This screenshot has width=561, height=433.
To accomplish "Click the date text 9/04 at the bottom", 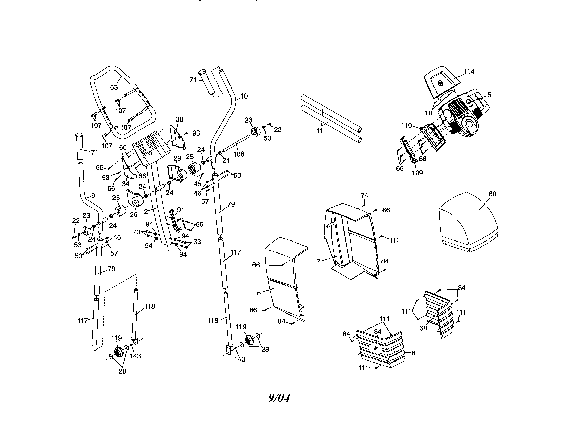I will pyautogui.click(x=279, y=398).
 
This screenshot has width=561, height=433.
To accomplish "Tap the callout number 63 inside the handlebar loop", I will pyautogui.click(x=114, y=87).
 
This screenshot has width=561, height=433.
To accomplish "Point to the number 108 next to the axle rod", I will pyautogui.click(x=239, y=154).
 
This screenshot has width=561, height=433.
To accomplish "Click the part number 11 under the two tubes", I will pyautogui.click(x=319, y=131).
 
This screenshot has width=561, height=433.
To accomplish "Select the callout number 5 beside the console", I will pyautogui.click(x=489, y=95).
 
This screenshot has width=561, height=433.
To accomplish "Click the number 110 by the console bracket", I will pyautogui.click(x=407, y=125).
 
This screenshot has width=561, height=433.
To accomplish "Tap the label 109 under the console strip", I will pyautogui.click(x=417, y=173).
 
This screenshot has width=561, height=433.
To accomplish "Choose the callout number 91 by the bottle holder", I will pyautogui.click(x=181, y=210).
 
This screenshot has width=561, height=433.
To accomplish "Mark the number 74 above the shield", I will pyautogui.click(x=364, y=195).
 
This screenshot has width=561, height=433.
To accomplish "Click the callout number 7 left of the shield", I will pyautogui.click(x=318, y=261).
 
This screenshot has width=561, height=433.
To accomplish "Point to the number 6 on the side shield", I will pyautogui.click(x=259, y=293).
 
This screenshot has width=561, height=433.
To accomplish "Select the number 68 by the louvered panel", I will pyautogui.click(x=423, y=328).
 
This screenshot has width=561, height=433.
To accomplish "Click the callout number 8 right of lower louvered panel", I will pyautogui.click(x=413, y=353).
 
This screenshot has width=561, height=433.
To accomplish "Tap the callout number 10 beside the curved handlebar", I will pyautogui.click(x=244, y=96).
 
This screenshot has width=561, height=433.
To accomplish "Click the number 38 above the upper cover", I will pyautogui.click(x=179, y=119).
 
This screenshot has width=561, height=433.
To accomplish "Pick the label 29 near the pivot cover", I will pyautogui.click(x=177, y=158).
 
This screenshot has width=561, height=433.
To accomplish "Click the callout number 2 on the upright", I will pyautogui.click(x=146, y=212).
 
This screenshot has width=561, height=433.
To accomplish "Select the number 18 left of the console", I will pyautogui.click(x=428, y=113).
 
